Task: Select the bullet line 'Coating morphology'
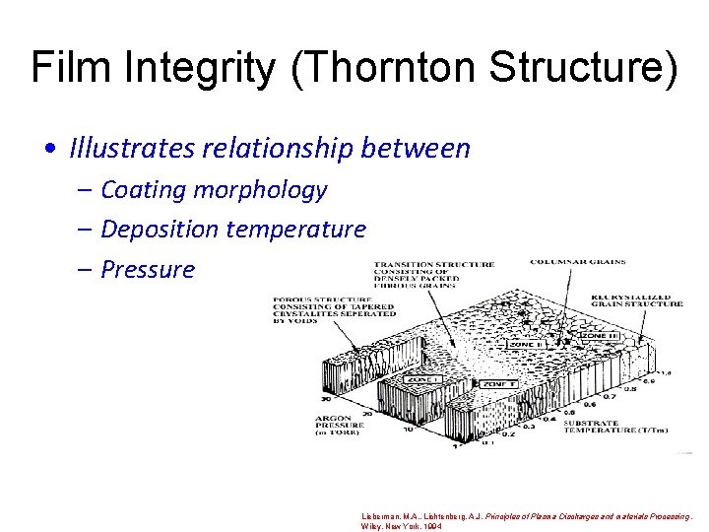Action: (x=214, y=189)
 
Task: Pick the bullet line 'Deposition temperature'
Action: (x=233, y=230)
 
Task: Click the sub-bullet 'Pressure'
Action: (x=148, y=270)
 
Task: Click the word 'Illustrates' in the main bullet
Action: (x=131, y=149)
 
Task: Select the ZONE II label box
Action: (x=525, y=344)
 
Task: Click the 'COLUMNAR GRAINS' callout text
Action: (x=577, y=262)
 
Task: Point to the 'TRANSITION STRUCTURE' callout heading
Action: (x=434, y=264)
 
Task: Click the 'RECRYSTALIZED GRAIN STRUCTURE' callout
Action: (x=636, y=299)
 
